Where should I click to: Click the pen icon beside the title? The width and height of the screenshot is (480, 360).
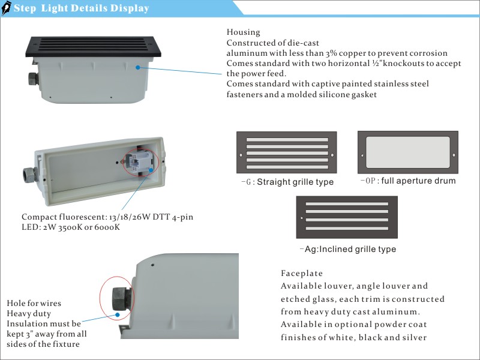(7, 8)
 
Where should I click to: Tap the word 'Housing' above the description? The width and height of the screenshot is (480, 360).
(243, 32)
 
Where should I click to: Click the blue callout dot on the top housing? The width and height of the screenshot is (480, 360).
(137, 68)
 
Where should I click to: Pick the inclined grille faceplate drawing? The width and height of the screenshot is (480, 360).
(347, 217)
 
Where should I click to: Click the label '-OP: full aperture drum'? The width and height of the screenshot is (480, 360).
(408, 181)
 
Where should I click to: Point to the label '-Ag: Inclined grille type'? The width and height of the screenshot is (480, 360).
(347, 248)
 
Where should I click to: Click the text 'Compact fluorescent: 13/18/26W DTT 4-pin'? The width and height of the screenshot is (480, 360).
(107, 216)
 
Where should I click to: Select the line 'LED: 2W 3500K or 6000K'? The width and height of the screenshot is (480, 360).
(71, 227)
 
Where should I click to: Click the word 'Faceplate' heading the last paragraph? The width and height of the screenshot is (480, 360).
(302, 272)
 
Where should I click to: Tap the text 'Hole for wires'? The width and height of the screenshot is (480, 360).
(34, 303)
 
